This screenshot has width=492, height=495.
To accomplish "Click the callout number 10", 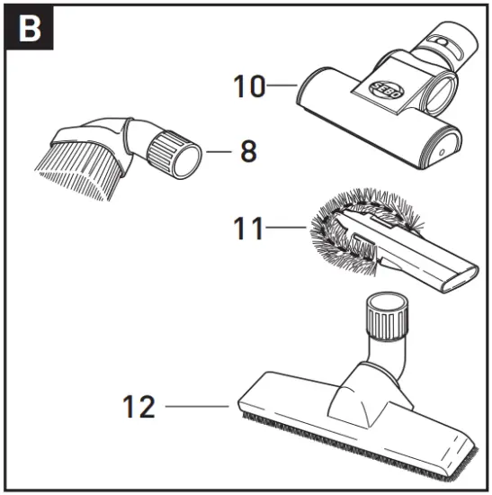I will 249,86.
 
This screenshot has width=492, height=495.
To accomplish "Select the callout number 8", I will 247,150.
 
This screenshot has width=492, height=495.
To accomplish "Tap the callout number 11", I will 250,230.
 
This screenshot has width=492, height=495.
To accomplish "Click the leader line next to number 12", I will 196,407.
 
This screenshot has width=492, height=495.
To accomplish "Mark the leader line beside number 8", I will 219,151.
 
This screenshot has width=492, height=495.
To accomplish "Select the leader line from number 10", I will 282,86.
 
